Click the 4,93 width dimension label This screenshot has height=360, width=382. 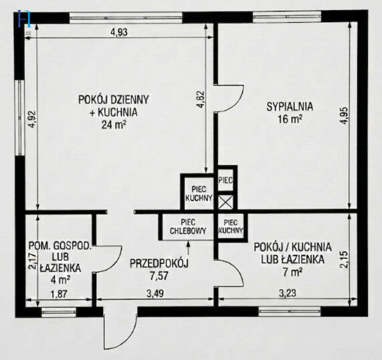(119, 32)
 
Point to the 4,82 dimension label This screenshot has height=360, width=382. (201, 99)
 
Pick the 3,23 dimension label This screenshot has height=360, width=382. (288, 293)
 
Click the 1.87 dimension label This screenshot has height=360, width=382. (58, 294)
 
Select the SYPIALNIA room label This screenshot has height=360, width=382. (290, 107)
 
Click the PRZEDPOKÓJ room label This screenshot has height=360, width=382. (159, 263)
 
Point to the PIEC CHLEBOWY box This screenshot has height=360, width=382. (188, 227)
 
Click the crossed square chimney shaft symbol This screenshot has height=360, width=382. (225, 202)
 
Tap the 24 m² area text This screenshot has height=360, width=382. (114, 125)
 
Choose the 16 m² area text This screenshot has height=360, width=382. (290, 119)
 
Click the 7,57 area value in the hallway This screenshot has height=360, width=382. (159, 276)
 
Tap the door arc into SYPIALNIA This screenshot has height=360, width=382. (231, 99)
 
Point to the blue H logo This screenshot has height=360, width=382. (25, 19)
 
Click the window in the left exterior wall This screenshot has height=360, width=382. (20, 118)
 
